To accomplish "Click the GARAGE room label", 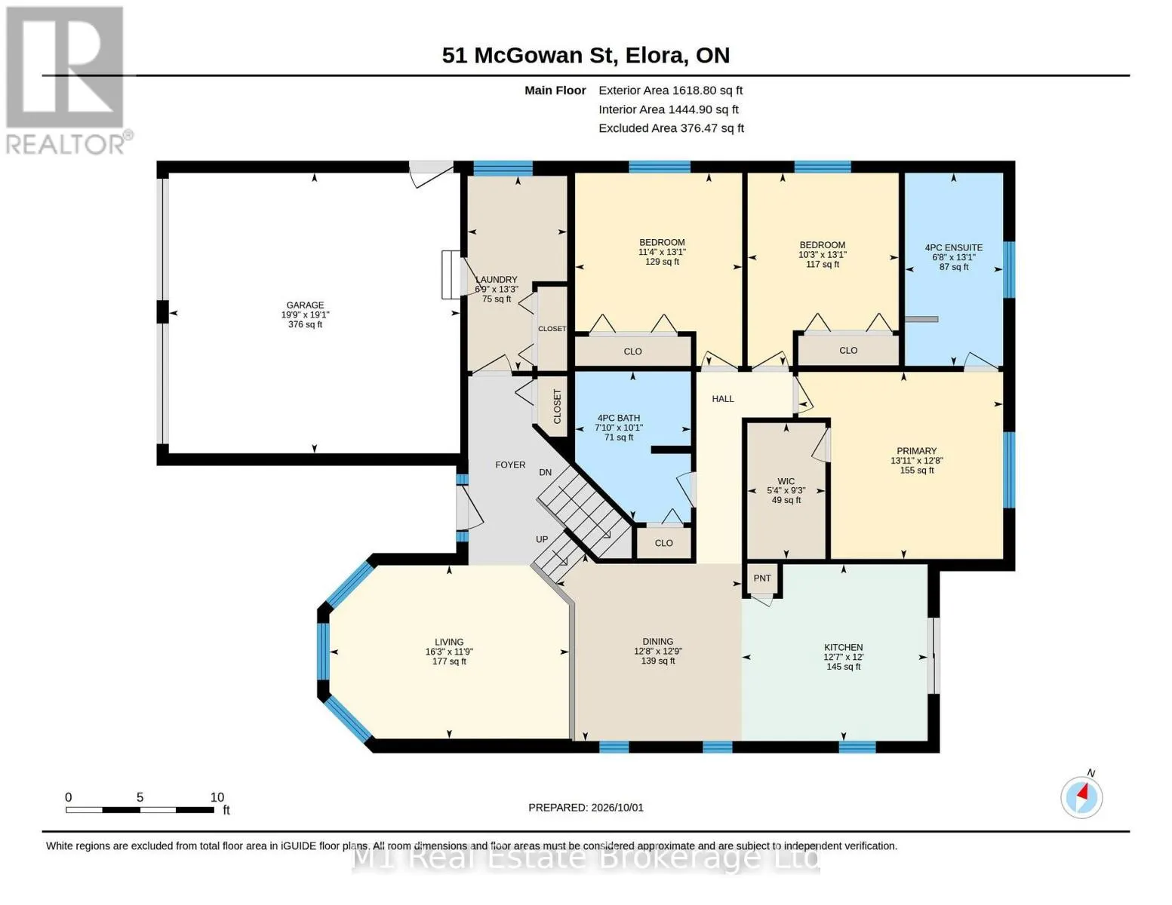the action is [305, 305].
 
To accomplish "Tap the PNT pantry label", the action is [761, 578].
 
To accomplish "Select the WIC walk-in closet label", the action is [786, 481].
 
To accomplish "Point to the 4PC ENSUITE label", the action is [954, 248].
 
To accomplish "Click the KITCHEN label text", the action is [843, 647].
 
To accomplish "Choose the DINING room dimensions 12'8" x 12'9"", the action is [657, 651].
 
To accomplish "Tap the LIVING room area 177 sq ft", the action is [449, 661].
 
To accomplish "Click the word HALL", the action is [723, 399].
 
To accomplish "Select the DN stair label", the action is [546, 472].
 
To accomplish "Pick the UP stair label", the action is [542, 539].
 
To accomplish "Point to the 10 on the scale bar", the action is [217, 797].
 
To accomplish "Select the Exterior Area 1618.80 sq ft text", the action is [670, 90].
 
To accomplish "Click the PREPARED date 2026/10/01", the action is [617, 808].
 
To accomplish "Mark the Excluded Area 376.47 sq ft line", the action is [671, 128].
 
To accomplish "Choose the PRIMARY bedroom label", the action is [916, 451].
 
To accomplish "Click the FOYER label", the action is [510, 465].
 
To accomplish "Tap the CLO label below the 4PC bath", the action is [663, 543].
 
